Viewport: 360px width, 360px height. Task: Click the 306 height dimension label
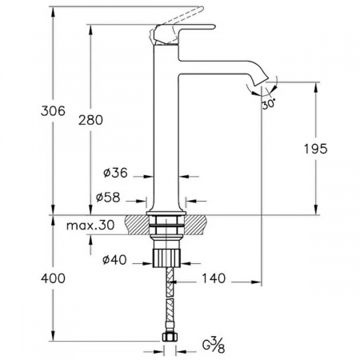53,110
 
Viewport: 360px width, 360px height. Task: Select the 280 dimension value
90,120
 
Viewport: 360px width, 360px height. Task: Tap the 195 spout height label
315,149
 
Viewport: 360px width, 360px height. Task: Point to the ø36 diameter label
115,173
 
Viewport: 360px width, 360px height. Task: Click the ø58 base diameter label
108,198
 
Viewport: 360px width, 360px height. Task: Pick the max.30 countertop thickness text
90,226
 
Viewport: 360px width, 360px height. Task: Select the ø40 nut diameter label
114,259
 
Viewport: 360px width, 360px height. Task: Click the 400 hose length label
53,278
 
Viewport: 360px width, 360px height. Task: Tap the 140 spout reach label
214,278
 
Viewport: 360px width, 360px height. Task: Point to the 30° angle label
269,103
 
